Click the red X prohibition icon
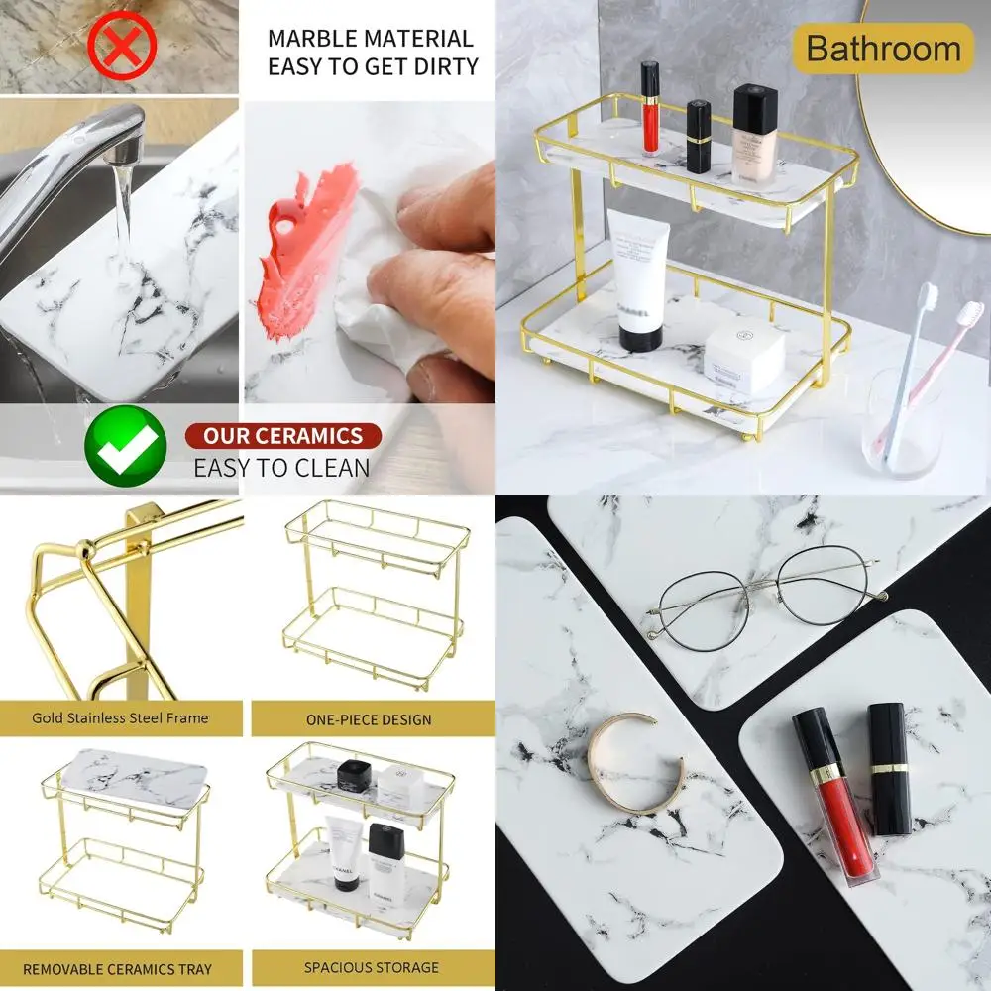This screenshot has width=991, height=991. (122, 45)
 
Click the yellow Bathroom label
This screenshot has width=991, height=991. (883, 49)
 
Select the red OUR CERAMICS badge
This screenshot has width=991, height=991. (282, 436)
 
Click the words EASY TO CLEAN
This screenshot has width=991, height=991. (281, 468)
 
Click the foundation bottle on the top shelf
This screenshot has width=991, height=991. (754, 134)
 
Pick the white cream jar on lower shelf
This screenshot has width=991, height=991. (743, 358)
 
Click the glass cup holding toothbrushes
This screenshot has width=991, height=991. (902, 421)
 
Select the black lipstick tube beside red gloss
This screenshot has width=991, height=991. (889, 768)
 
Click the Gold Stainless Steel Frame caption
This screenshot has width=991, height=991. (120, 717)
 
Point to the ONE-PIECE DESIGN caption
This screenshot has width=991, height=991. (369, 719)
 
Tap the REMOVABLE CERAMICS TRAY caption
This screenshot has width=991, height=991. (118, 968)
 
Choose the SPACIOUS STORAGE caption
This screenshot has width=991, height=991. (372, 967)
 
